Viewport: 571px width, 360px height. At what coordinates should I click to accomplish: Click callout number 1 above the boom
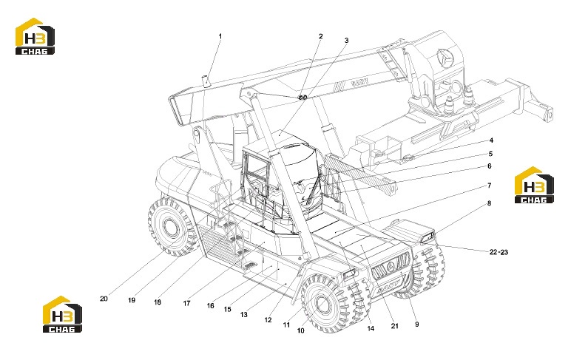[220, 36]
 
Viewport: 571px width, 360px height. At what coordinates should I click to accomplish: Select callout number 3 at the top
[346, 41]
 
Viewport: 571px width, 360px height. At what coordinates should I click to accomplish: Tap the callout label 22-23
[499, 252]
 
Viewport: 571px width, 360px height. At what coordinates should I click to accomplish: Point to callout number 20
[104, 299]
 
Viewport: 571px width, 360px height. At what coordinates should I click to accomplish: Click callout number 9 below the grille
[417, 324]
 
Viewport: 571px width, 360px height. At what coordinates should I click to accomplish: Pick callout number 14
[371, 328]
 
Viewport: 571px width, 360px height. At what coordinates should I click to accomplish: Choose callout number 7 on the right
[490, 186]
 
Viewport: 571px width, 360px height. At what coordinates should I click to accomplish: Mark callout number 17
[186, 303]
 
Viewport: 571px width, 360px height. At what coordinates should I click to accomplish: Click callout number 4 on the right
[491, 140]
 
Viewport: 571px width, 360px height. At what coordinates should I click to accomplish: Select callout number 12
[268, 320]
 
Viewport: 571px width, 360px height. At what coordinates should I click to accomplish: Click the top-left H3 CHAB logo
[35, 36]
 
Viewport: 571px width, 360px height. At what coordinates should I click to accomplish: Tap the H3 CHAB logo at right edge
[534, 185]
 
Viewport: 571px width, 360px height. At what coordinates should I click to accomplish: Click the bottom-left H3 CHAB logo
[62, 314]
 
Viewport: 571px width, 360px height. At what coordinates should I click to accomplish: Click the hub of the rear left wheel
[169, 228]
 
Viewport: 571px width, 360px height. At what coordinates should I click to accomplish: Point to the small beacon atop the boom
[206, 81]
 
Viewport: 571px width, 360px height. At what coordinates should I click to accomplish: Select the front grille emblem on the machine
[391, 265]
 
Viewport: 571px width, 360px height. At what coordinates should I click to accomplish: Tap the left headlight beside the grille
[349, 274]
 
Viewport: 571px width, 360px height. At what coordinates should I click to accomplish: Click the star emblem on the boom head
[445, 56]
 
